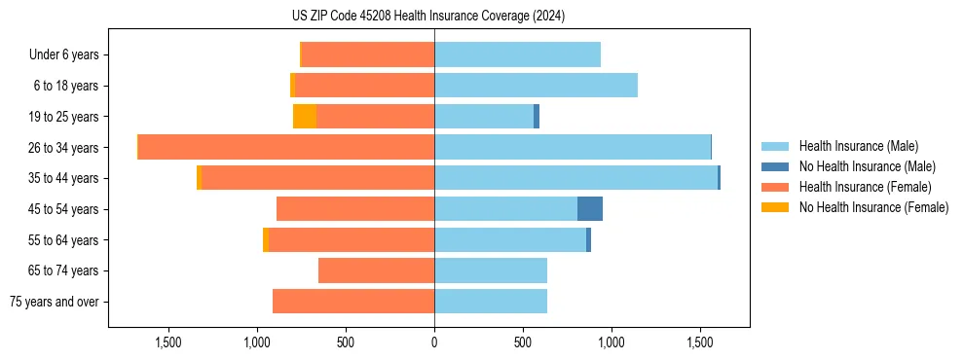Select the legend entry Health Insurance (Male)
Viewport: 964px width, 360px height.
pos(858,146)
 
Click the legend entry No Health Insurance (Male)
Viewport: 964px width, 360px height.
pos(867,166)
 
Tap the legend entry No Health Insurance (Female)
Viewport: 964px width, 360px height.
pos(873,207)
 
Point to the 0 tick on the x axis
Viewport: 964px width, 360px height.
pos(434,342)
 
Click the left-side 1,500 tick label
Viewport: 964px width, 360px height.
pos(168,342)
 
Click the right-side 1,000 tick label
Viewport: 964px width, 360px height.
pos(612,342)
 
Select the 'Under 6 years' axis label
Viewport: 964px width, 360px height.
pos(63,55)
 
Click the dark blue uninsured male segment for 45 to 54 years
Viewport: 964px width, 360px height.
pos(590,209)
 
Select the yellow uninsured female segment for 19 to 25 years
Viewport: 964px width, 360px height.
pos(305,117)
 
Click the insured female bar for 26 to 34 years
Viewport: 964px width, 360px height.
pos(286,147)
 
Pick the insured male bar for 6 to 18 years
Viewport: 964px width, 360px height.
pos(536,86)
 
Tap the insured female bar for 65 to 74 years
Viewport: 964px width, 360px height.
pos(376,270)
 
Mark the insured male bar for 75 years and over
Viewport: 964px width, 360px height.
pos(491,302)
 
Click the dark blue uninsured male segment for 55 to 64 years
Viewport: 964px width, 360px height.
pos(589,240)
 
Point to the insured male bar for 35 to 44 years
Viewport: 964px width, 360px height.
pos(575,178)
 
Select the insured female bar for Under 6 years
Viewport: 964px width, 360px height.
pos(368,55)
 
